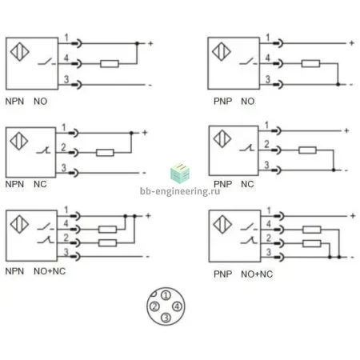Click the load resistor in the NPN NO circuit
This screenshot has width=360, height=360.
pos(110,64)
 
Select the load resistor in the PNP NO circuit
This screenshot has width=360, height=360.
pos(310,63)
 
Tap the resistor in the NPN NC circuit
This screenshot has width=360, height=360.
pos(105,153)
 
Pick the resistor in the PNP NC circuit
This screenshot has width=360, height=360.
pos(307,150)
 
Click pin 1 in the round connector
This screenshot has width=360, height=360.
pos(166,295)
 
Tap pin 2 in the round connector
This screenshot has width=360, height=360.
pos(154,306)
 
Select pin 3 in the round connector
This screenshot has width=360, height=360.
pos(166,318)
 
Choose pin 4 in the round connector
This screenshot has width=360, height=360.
pos(177,306)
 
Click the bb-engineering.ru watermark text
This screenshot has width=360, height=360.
pos(180,191)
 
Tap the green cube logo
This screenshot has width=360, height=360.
pos(180,174)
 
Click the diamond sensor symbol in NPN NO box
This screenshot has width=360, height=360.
pos(20,52)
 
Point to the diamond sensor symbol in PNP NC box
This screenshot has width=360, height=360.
pos(222,138)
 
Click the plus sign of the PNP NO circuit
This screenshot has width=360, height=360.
pos(352,42)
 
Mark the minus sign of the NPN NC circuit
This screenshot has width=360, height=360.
pos(144,173)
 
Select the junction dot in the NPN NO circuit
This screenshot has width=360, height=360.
pos(137,43)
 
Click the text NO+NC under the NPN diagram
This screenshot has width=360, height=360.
pos(50,271)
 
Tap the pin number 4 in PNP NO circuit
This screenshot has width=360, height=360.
pos(268,58)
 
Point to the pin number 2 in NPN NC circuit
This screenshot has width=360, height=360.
pos(63,147)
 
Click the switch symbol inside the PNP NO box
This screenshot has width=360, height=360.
pos(248,62)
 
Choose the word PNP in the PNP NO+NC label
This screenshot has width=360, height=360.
pos(223,274)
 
